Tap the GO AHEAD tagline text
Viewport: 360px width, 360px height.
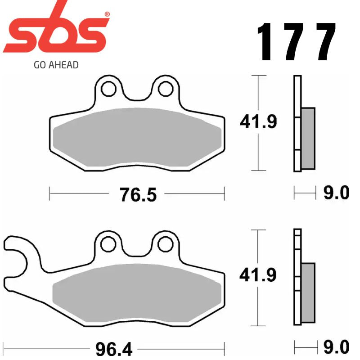pyautogui.click(x=56, y=65)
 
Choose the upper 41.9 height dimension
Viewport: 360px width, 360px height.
pyautogui.click(x=258, y=122)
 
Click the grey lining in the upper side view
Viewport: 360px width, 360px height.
pyautogui.click(x=308, y=138)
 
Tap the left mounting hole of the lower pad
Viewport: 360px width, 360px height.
pyautogui.click(x=108, y=244)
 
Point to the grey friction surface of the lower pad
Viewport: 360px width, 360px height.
pyautogui.click(x=137, y=292)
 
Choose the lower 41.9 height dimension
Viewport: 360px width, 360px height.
pyautogui.click(x=258, y=275)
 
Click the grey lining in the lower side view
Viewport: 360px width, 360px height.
pyautogui.click(x=308, y=293)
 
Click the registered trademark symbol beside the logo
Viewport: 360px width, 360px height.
pyautogui.click(x=107, y=14)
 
